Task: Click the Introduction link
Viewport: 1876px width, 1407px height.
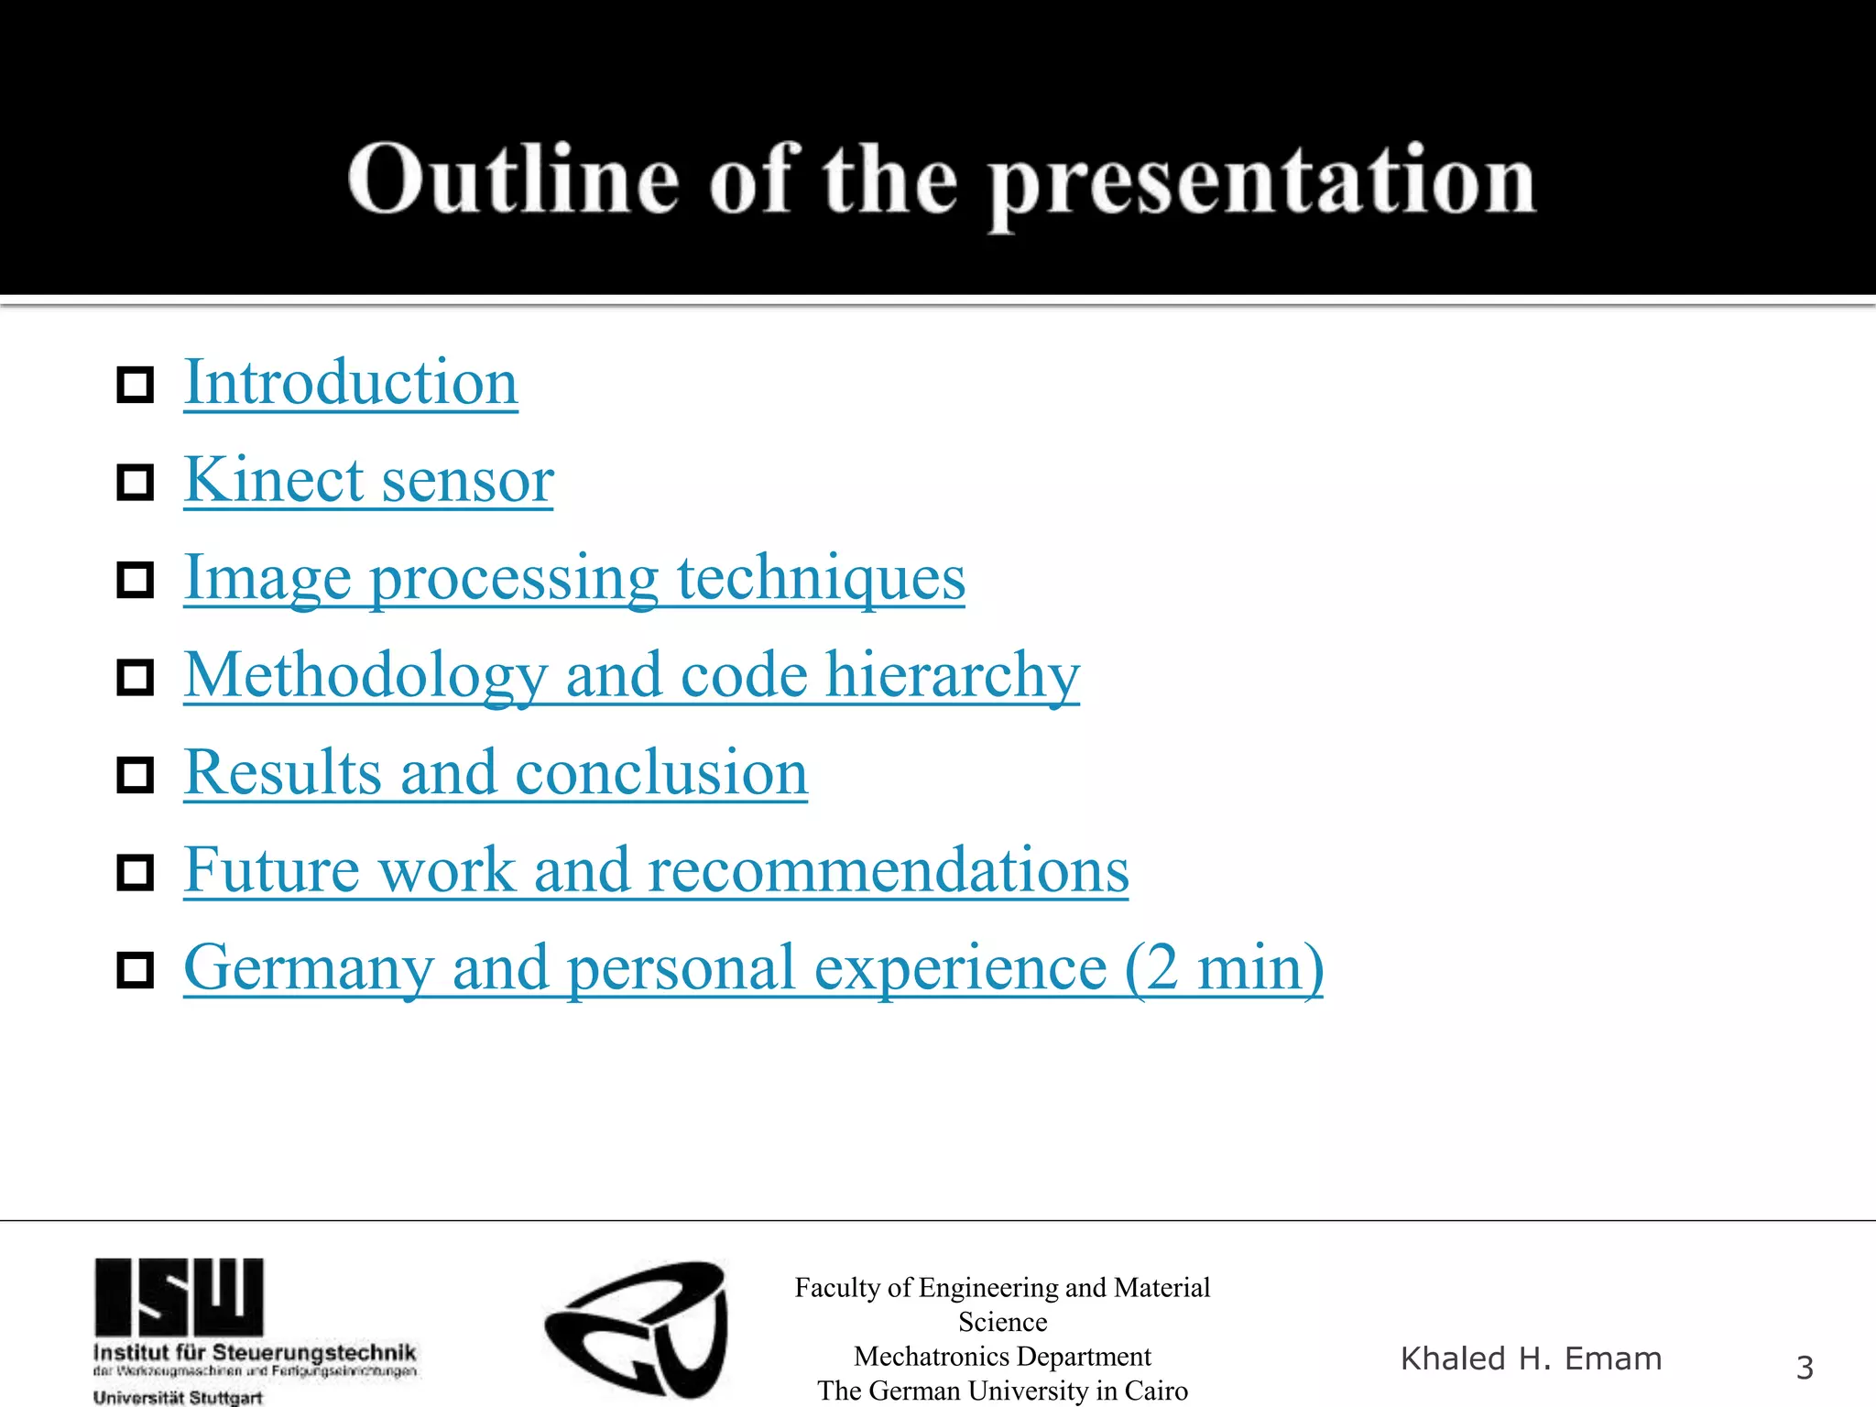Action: coord(351,383)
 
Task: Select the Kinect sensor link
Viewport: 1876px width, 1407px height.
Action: coord(368,480)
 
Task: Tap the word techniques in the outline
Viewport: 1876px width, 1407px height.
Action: coord(821,578)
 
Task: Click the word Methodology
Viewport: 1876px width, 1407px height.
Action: coord(365,675)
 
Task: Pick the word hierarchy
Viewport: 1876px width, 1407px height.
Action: coord(953,675)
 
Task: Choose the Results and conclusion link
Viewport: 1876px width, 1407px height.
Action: coord(496,773)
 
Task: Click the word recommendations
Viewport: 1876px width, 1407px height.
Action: coord(888,870)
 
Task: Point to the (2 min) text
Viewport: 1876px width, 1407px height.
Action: coord(1224,968)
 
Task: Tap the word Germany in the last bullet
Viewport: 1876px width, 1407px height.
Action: coord(309,968)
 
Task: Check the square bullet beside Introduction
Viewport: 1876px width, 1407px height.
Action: coord(136,385)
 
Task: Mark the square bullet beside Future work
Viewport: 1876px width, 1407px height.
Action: coord(136,873)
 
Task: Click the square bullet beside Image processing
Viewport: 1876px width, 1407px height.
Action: coord(136,580)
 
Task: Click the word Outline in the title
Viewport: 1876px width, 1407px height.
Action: coord(513,180)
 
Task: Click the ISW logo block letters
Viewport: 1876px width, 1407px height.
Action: coord(179,1296)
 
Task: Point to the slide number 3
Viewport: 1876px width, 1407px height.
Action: coord(1804,1368)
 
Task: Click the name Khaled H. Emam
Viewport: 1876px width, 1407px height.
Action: coord(1531,1358)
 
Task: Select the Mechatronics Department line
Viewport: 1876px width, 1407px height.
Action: coord(1002,1357)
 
